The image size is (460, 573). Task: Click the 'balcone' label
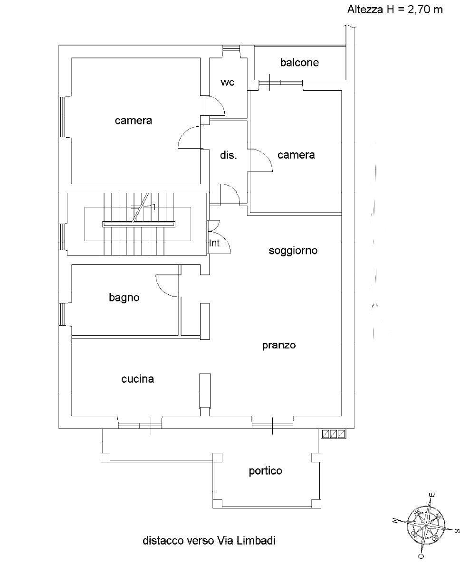click(299, 63)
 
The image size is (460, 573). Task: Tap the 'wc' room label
click(227, 83)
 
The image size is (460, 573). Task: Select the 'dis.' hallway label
click(229, 155)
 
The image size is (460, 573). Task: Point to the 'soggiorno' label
click(293, 251)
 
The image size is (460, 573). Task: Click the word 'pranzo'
click(279, 345)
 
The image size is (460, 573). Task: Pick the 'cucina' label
click(137, 379)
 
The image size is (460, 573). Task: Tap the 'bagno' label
click(124, 298)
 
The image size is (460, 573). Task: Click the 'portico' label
click(266, 471)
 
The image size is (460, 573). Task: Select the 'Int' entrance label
click(214, 243)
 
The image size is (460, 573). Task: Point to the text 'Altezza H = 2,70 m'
click(395, 10)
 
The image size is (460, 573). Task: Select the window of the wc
click(231, 48)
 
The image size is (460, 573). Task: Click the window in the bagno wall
click(62, 314)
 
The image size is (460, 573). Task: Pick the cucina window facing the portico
click(140, 425)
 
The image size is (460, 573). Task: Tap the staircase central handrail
click(139, 224)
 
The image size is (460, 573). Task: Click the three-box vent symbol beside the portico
click(334, 434)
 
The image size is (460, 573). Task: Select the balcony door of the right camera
click(281, 83)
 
